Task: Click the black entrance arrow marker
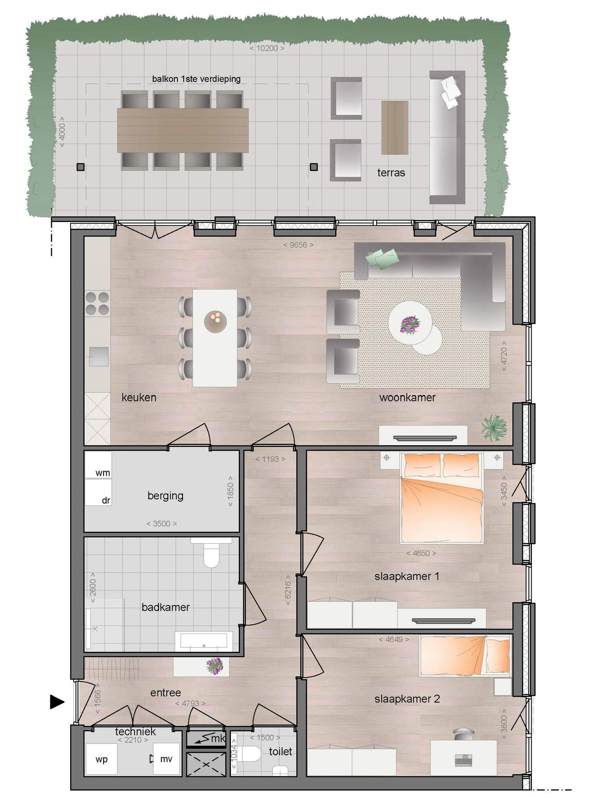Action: pos(57,702)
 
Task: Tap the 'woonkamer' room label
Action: pos(407,397)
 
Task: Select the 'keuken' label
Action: pos(139,397)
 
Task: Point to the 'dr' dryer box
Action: pos(98,492)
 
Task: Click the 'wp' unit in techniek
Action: pos(102,759)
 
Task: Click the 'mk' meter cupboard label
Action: pos(218,738)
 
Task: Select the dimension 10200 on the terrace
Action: pos(267,48)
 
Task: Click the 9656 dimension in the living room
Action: pos(298,245)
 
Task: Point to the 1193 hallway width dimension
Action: pos(270,459)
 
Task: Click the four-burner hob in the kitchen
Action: pos(97,303)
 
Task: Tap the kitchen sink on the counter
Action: pos(98,356)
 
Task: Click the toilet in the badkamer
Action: pos(211,552)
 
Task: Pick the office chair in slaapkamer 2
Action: pos(463,733)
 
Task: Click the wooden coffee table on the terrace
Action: pos(395,128)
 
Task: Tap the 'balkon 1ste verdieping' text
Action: pos(196,79)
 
